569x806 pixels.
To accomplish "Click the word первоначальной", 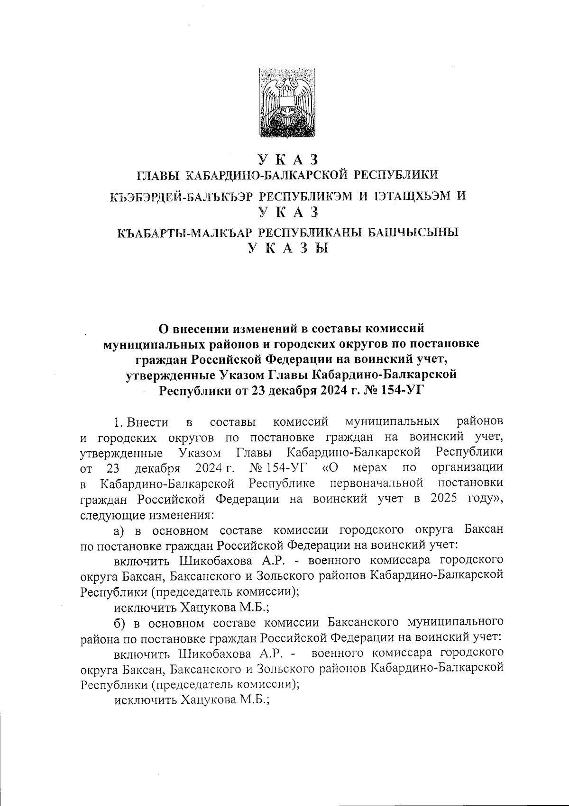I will tap(376, 484).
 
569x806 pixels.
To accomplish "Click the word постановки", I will tap(471, 484).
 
